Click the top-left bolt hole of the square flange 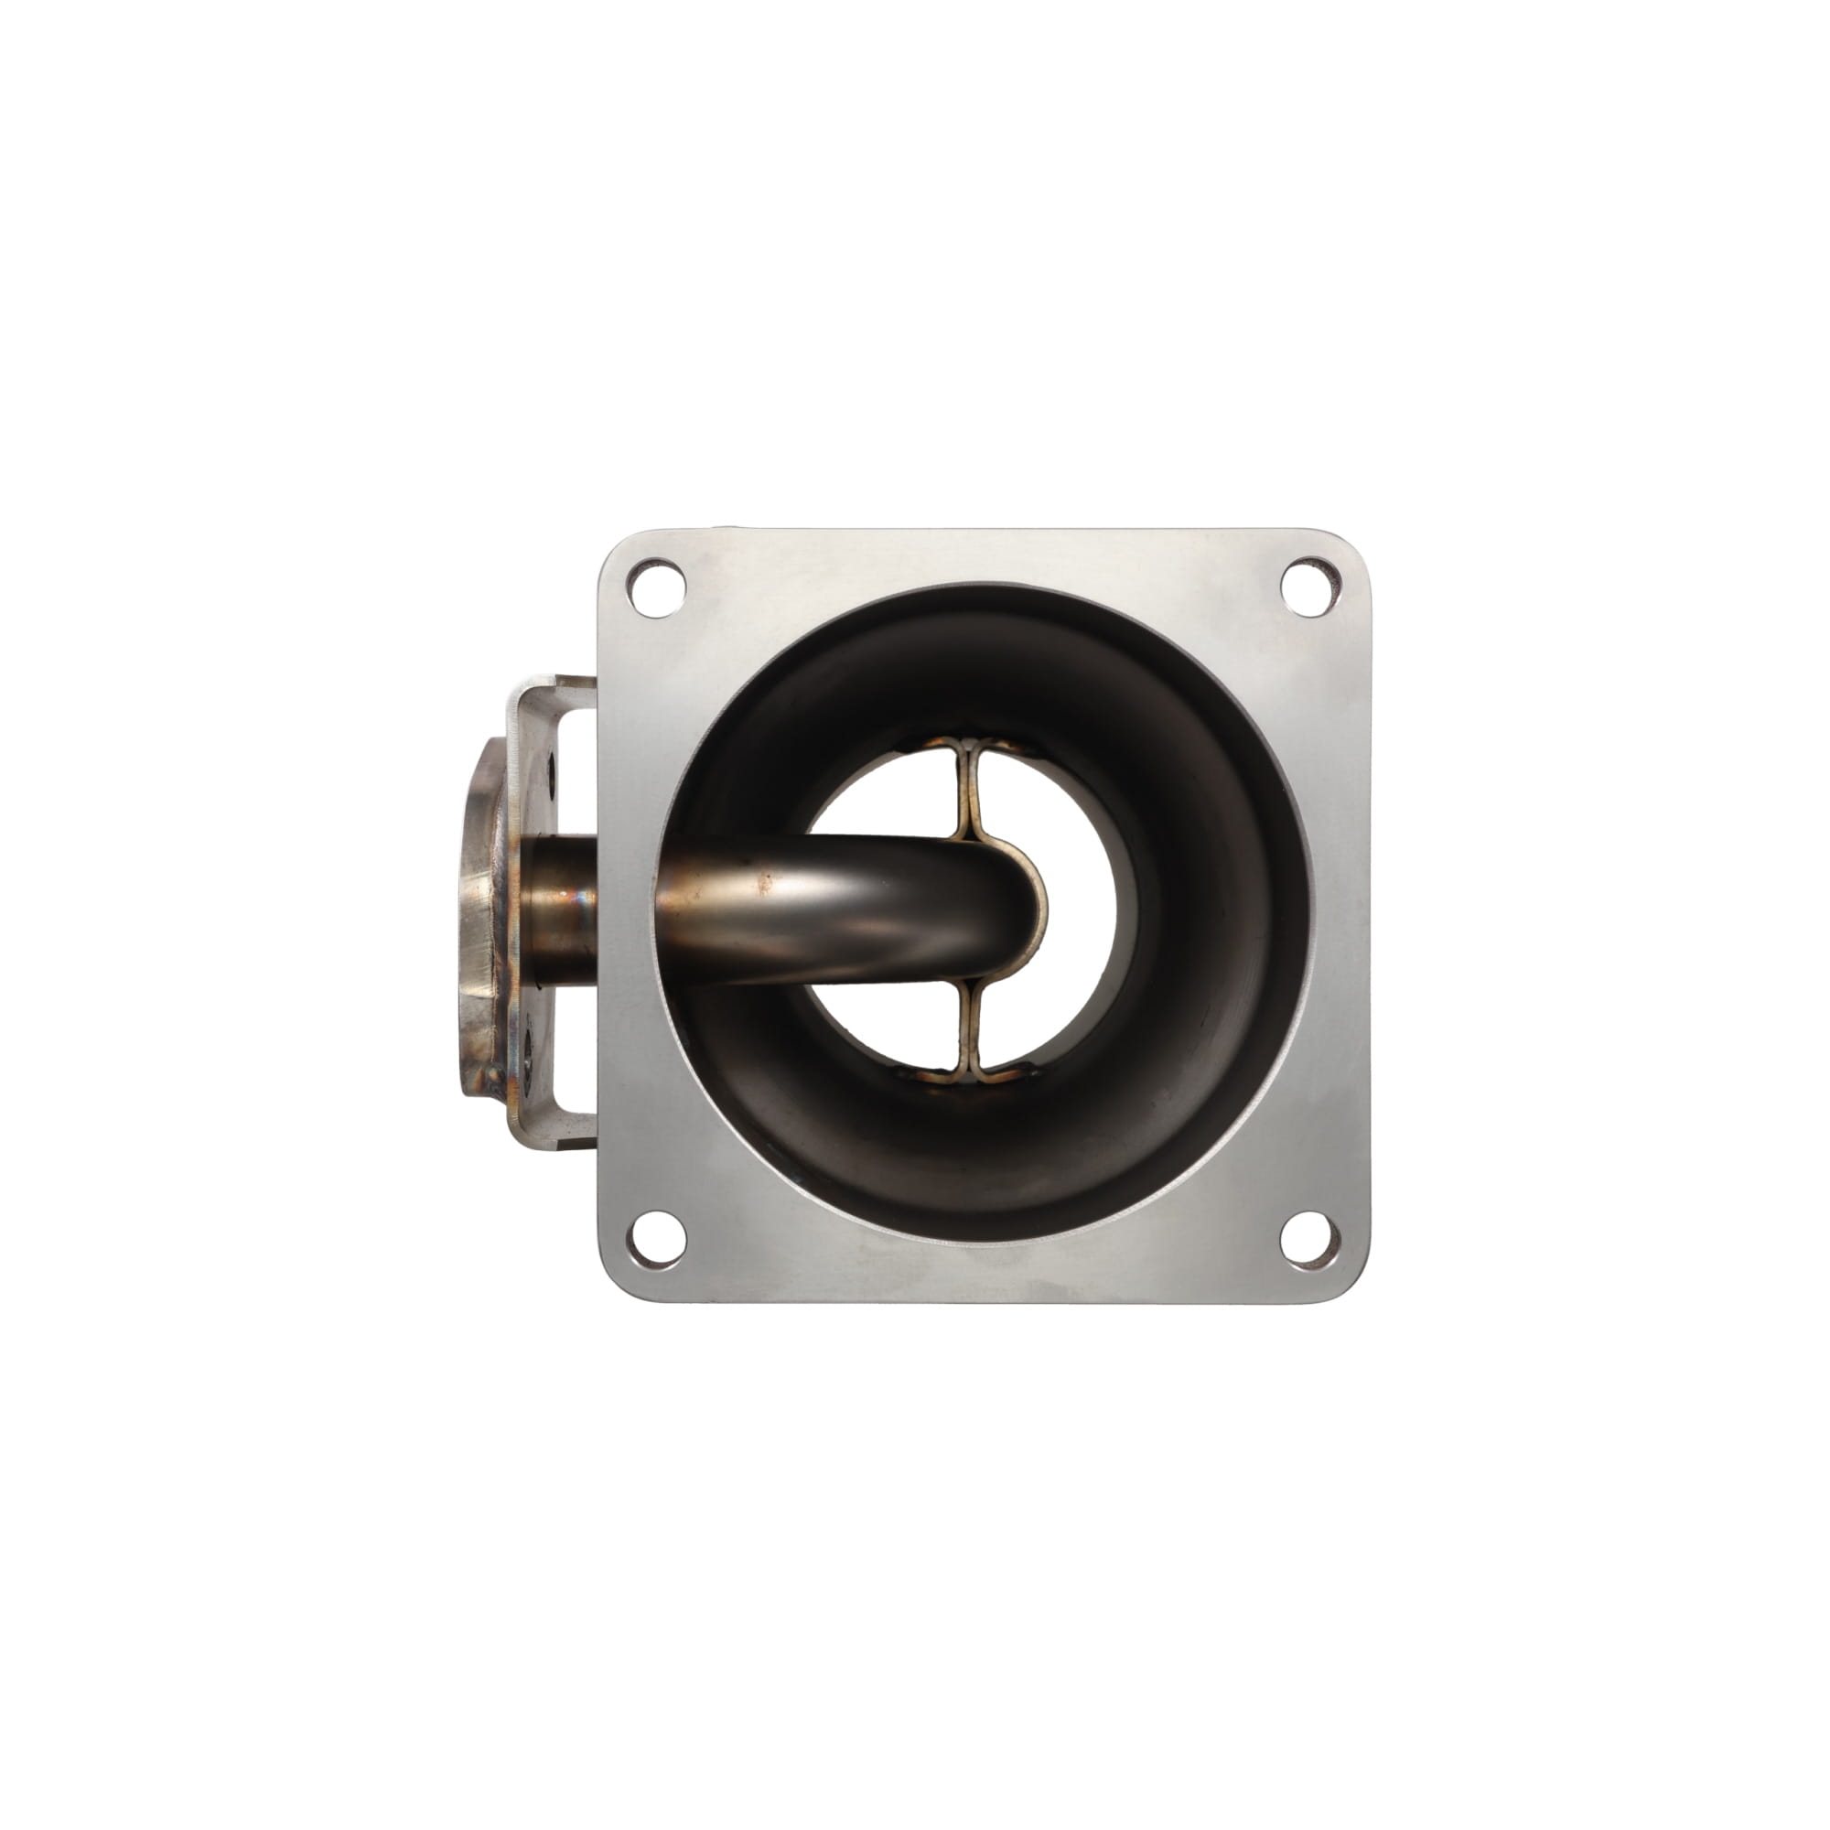coord(656,587)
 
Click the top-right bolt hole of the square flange coord(1310,587)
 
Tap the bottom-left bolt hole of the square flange coord(656,1239)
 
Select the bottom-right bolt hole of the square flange coord(1310,1239)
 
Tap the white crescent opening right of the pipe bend coord(1089,910)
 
